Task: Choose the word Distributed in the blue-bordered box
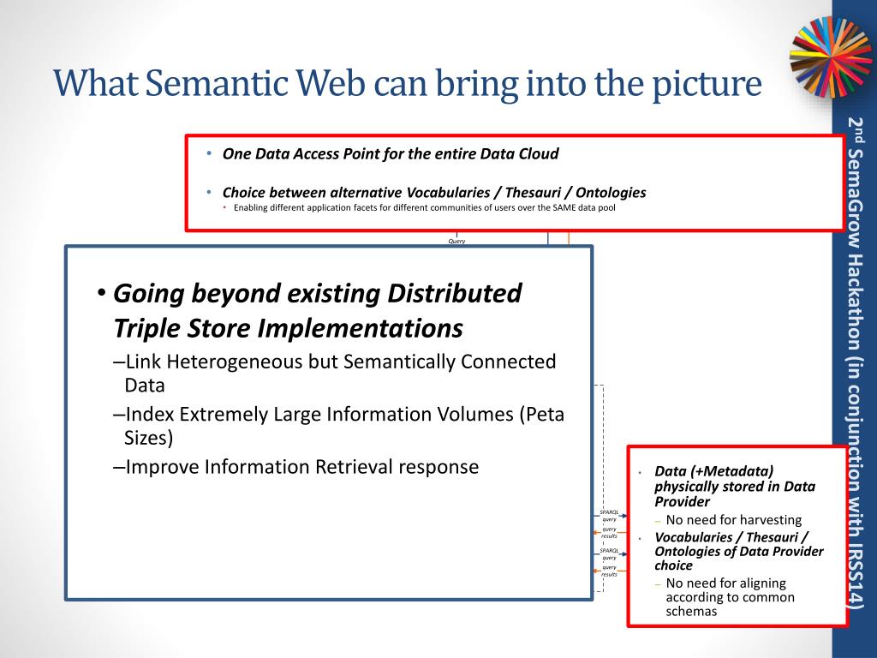tap(455, 294)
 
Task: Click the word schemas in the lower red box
tap(691, 612)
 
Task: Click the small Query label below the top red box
tap(456, 242)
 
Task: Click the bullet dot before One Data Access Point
tap(210, 154)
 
